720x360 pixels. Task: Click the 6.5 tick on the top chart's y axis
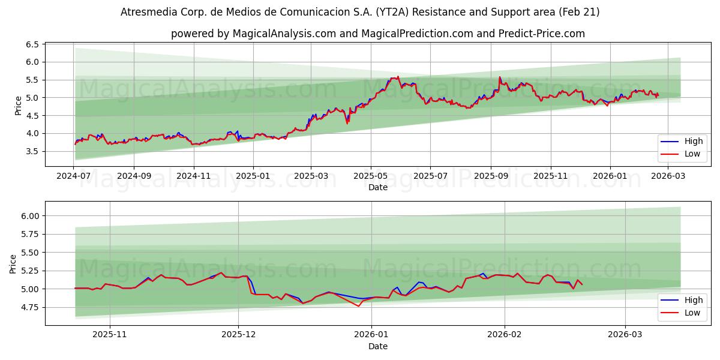[x=31, y=44]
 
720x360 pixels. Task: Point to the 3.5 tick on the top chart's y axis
[x=31, y=151]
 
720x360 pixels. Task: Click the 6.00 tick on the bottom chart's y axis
[x=29, y=216]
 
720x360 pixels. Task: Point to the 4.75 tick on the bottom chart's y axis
[x=29, y=307]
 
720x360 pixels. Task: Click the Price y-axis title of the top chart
[x=18, y=106]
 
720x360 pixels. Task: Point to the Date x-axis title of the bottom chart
[x=378, y=346]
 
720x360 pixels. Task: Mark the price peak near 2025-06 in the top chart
[x=397, y=77]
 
